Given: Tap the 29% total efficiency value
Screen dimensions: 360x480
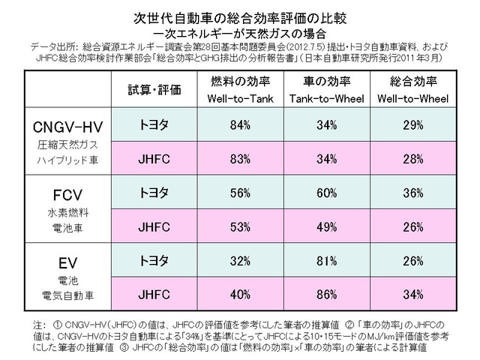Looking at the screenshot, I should (412, 125).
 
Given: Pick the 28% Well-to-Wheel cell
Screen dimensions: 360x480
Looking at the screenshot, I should (412, 159).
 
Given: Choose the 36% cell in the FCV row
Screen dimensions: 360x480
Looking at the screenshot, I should (412, 193).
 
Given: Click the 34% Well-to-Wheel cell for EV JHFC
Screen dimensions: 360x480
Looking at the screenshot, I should (412, 294).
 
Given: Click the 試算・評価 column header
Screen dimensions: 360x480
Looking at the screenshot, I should (156, 89).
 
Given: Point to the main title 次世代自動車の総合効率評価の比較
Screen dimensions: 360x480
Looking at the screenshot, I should (239, 16).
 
